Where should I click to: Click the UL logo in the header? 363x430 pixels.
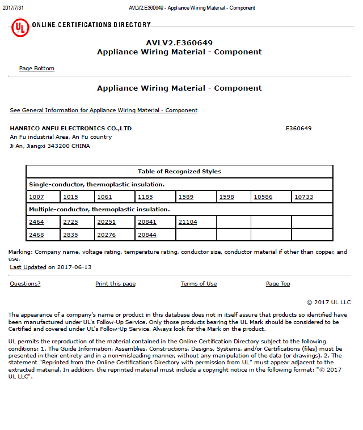[x=20, y=27]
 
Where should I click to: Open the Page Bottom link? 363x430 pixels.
[x=37, y=69]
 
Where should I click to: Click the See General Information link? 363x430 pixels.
[x=104, y=110]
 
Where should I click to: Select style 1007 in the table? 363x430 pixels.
[x=36, y=197]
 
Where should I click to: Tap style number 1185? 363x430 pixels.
[x=145, y=197]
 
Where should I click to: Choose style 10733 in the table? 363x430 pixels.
[x=303, y=197]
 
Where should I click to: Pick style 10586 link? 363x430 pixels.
[x=263, y=197]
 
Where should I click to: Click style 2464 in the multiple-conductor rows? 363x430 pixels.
[x=36, y=222]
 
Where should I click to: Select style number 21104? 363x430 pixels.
[x=188, y=222]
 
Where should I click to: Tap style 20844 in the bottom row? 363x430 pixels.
[x=147, y=235]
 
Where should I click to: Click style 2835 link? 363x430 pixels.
[x=70, y=235]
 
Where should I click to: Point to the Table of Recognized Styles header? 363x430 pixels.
[x=179, y=172]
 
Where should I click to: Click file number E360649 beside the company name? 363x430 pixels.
[x=298, y=129]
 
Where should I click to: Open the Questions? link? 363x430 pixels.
[x=25, y=284]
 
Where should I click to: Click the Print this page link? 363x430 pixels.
[x=115, y=284]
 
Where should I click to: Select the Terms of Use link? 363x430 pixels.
[x=199, y=284]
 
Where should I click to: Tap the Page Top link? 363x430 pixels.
[x=278, y=284]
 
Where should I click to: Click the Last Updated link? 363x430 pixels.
[x=28, y=267]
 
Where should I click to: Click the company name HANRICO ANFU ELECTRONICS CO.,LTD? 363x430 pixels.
[x=71, y=129]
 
